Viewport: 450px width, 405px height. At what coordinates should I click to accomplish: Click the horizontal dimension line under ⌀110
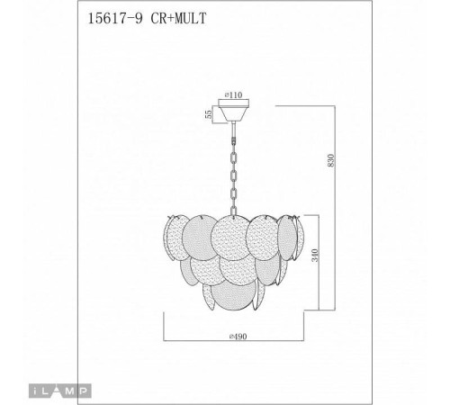click(x=237, y=101)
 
